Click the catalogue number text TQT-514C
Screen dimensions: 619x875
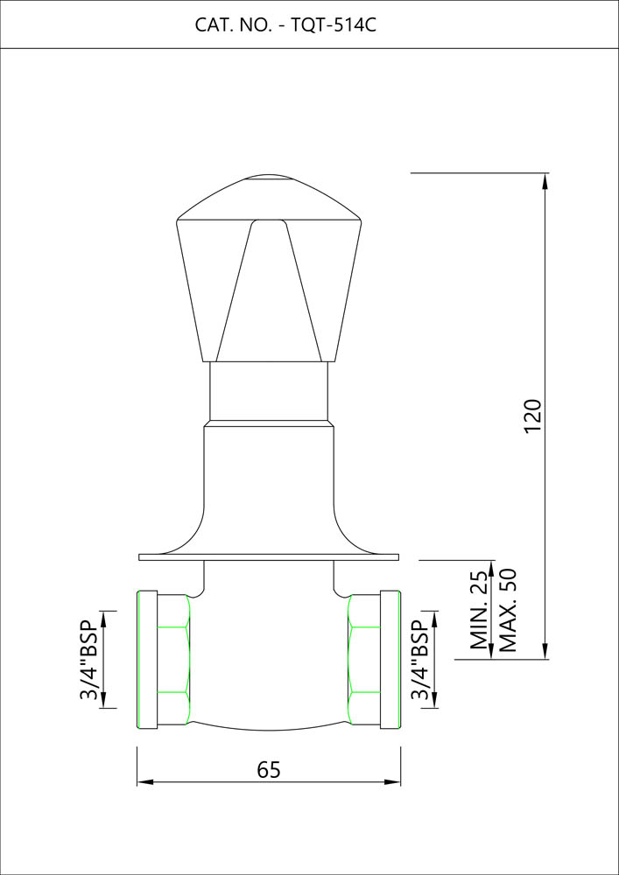[x=334, y=25]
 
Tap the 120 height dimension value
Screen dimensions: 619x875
[x=533, y=415]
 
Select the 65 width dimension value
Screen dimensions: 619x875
[x=269, y=769]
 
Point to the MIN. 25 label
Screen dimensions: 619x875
[x=480, y=612]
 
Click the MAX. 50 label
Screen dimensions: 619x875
[x=508, y=610]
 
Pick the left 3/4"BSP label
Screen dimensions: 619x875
[x=88, y=660]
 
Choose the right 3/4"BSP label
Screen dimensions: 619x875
[x=420, y=660]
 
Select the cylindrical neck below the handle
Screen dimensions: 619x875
[x=269, y=391]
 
